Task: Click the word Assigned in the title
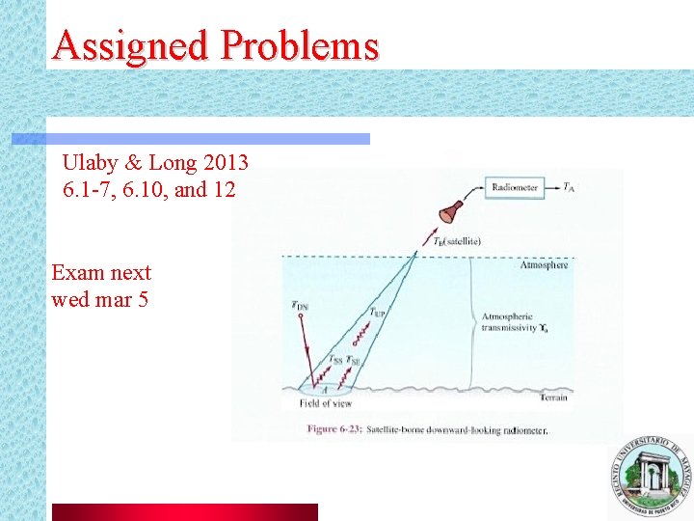(x=130, y=44)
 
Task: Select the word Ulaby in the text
(x=90, y=161)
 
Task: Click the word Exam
(x=76, y=272)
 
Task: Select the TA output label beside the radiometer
(x=570, y=187)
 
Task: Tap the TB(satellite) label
(x=457, y=241)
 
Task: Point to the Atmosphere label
(x=544, y=264)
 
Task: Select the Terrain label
(x=553, y=398)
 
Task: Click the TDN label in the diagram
(x=301, y=307)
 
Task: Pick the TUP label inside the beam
(x=380, y=313)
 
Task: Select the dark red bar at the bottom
(x=183, y=511)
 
